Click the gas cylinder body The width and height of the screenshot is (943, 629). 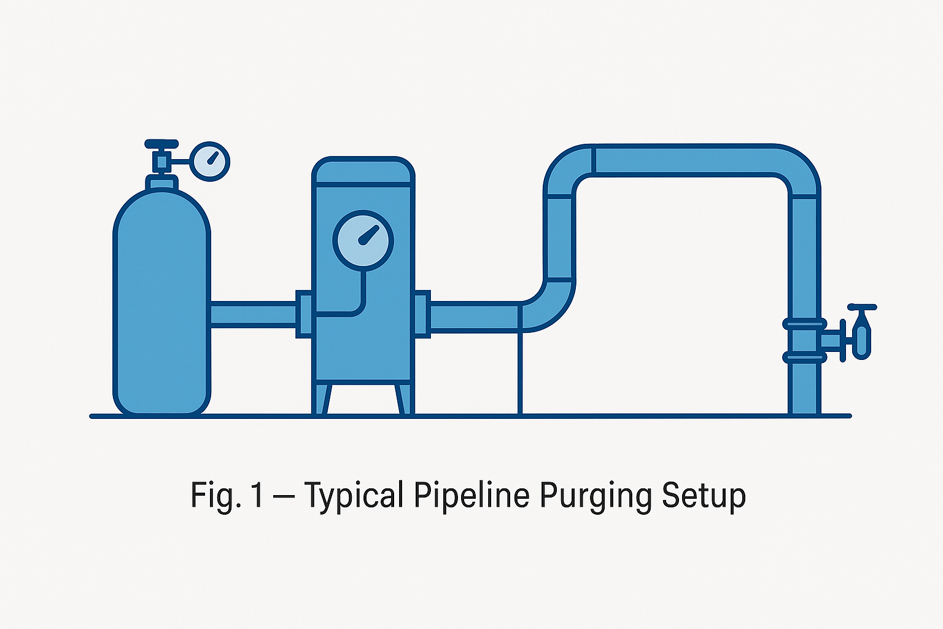click(x=162, y=307)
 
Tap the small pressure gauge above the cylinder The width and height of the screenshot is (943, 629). click(x=210, y=161)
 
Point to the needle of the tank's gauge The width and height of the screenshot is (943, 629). click(x=370, y=235)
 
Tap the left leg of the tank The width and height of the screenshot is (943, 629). click(x=323, y=399)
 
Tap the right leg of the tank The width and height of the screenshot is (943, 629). click(x=403, y=399)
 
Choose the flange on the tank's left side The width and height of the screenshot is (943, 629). click(x=304, y=314)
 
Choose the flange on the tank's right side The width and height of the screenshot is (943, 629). click(x=422, y=314)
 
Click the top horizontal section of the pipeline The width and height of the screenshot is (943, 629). click(x=681, y=160)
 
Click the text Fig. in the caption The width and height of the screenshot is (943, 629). click(x=212, y=495)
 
